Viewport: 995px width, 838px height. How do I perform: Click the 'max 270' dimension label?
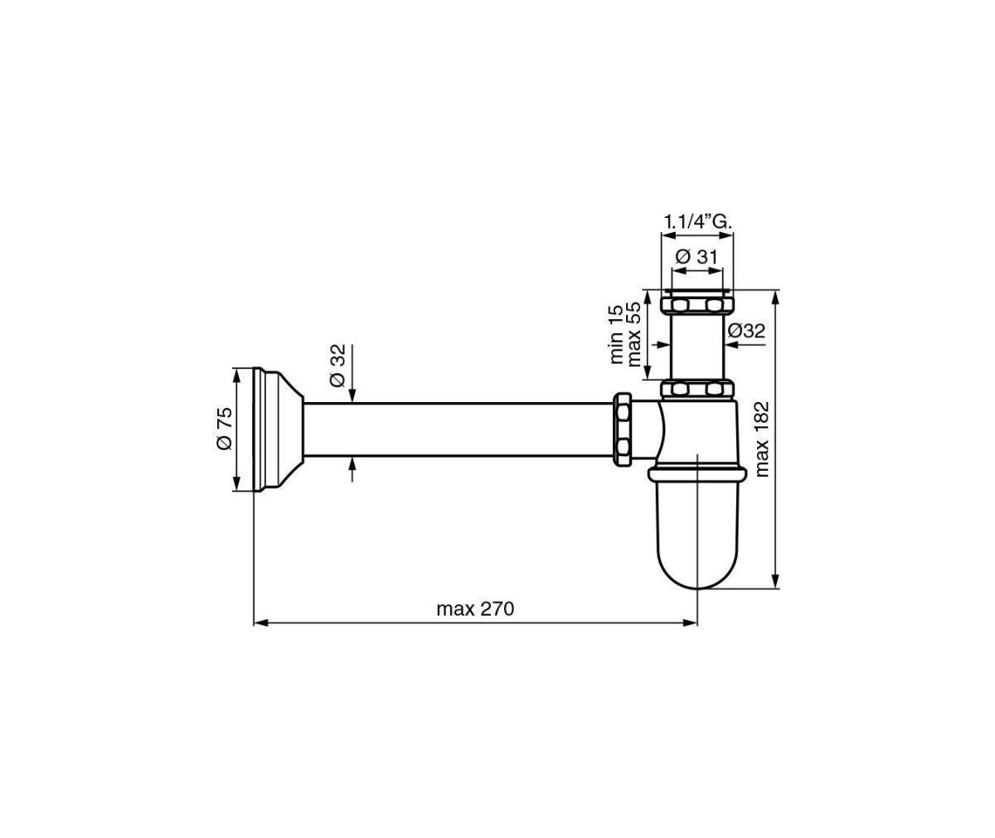(475, 609)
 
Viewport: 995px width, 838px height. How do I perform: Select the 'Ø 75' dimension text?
(225, 429)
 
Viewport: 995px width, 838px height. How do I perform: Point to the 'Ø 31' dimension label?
(696, 257)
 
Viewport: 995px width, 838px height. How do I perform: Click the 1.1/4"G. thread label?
(698, 222)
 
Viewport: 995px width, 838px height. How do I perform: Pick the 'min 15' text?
(616, 334)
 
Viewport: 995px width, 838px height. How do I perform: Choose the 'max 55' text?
(634, 334)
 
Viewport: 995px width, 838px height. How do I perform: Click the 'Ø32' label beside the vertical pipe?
(746, 331)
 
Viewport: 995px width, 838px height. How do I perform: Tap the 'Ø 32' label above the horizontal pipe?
(337, 366)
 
